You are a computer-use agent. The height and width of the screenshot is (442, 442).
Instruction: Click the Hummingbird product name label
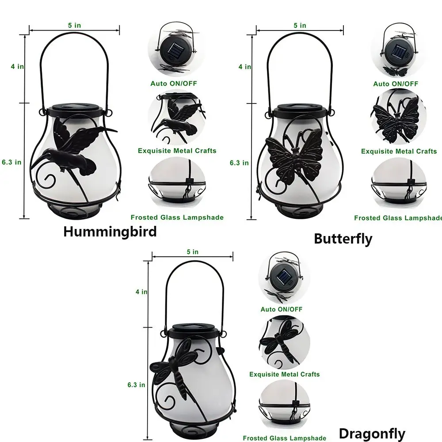[110, 232]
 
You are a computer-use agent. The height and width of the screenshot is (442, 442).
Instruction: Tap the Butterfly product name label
[343, 239]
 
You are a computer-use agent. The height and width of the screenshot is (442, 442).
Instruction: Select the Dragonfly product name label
[372, 434]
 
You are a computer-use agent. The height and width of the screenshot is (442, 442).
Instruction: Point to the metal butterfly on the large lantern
[293, 158]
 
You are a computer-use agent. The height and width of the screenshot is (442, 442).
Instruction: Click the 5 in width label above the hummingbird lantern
[74, 25]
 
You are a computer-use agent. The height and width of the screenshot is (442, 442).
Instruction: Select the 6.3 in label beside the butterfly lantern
[239, 163]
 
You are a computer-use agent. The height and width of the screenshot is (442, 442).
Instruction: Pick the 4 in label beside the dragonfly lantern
[141, 292]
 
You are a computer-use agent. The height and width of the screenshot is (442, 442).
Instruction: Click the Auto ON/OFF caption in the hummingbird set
[174, 84]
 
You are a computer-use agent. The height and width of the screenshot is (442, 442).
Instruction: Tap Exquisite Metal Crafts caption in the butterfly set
[399, 151]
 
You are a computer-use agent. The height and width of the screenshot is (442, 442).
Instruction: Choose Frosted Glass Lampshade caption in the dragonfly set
[284, 438]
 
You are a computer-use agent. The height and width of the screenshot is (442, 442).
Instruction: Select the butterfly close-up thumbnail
[398, 116]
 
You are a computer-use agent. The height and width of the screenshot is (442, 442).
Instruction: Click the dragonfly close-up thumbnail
[284, 343]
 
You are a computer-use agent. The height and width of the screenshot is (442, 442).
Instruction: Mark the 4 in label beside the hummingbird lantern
[17, 67]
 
